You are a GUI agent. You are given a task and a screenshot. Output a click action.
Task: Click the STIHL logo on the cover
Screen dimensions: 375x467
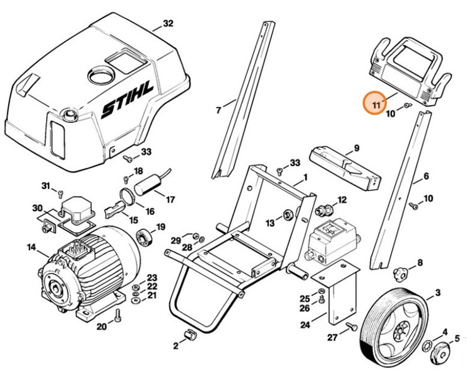pyautogui.click(x=127, y=103)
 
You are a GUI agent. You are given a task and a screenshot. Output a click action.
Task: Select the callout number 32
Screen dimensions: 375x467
pyautogui.click(x=167, y=24)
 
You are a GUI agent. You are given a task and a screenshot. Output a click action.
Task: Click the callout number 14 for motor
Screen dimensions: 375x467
pyautogui.click(x=31, y=248)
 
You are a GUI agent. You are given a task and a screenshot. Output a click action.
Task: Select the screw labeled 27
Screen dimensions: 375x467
pyautogui.click(x=352, y=326)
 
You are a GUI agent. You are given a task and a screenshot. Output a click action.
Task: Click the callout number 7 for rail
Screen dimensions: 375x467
pyautogui.click(x=218, y=111)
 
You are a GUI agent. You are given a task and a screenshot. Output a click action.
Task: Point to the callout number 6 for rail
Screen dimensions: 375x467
pyautogui.click(x=426, y=176)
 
